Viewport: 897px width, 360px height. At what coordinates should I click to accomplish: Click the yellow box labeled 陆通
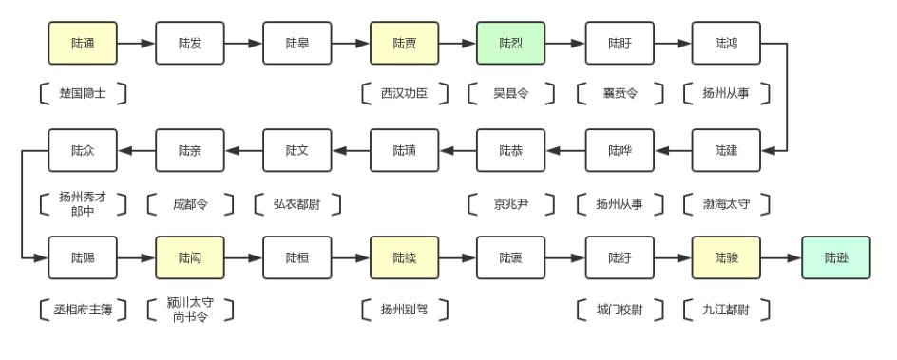[83, 44]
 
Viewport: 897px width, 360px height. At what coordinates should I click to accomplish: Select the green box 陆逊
[835, 256]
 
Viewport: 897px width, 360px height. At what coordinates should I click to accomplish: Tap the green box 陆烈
[511, 44]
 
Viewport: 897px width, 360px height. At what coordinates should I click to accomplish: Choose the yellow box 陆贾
[404, 44]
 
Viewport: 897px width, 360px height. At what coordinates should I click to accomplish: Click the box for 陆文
[296, 150]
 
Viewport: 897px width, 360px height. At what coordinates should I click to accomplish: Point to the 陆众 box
[83, 150]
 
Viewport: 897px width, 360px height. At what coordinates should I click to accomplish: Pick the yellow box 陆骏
[726, 256]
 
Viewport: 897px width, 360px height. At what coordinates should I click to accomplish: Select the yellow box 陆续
[404, 256]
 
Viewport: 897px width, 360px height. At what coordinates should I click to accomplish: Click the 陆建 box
[726, 150]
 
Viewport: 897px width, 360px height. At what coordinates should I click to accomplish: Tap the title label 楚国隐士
[83, 94]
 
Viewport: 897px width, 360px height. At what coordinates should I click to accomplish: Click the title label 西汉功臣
[404, 94]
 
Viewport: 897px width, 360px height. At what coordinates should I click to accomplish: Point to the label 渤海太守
[726, 202]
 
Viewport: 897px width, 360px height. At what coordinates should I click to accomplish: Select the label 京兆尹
[511, 202]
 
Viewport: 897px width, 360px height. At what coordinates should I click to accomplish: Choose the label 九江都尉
[726, 309]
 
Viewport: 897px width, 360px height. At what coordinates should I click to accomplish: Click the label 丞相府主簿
[83, 309]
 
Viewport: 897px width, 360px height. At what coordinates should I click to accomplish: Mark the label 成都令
[190, 202]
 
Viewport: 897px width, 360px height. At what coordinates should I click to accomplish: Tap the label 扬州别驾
[404, 309]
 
